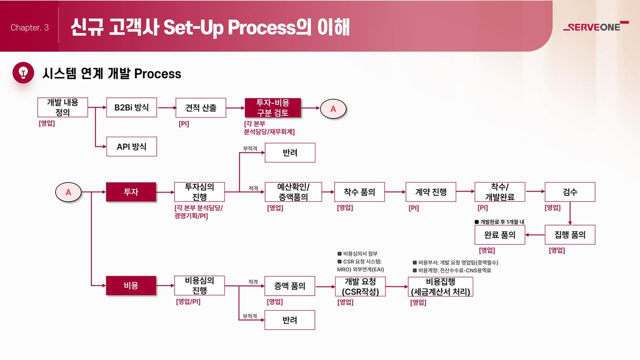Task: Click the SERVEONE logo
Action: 596,27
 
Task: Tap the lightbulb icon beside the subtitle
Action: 23,73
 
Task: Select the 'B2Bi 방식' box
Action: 132,107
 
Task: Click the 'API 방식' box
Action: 132,147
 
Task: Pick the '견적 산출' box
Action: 201,108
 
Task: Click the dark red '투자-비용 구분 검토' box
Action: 273,108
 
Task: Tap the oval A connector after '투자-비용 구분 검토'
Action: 333,109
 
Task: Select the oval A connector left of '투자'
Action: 68,192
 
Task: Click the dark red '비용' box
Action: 131,285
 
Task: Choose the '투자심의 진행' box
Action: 199,192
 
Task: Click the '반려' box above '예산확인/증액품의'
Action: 290,153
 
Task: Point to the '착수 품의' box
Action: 359,192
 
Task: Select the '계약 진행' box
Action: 431,192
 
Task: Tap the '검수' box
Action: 570,192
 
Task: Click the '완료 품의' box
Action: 500,235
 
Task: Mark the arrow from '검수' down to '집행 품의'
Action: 570,213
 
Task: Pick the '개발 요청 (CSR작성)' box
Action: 360,286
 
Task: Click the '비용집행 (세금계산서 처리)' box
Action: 440,286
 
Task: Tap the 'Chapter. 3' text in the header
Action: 30,27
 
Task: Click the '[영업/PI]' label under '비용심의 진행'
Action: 188,301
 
